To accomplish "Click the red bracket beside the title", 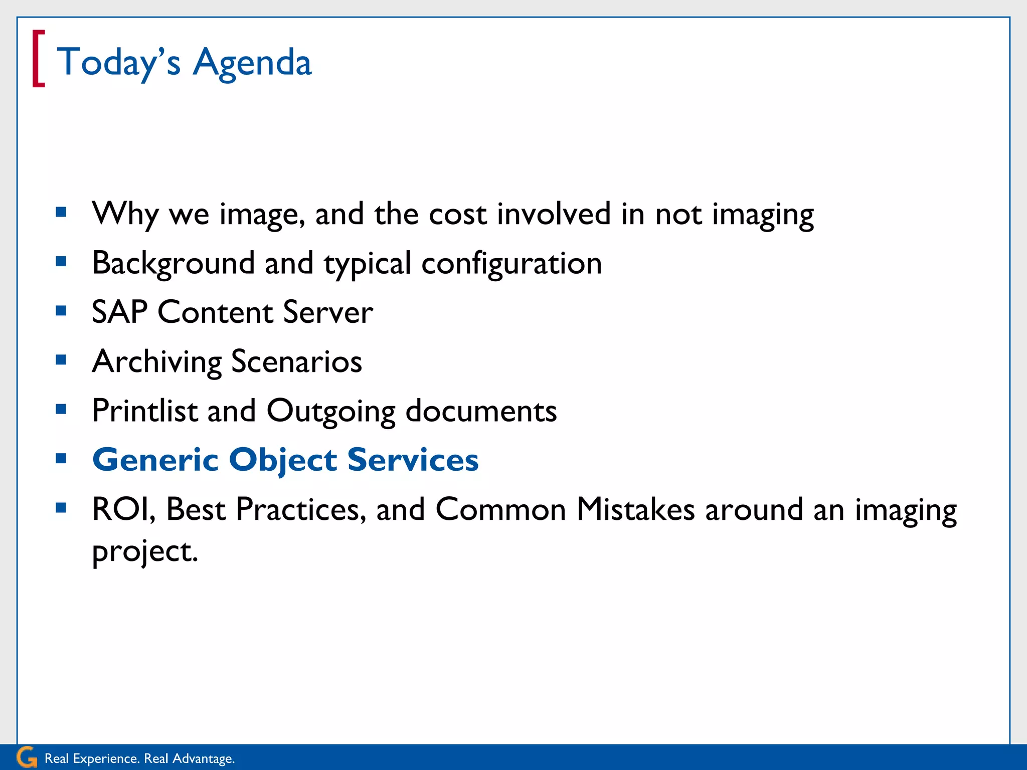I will point(38,59).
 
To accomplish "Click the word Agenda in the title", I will point(252,63).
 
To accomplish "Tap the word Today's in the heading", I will point(118,62).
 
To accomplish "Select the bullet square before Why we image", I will point(61,212).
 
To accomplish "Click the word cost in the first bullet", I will point(457,214).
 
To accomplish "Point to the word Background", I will point(174,263).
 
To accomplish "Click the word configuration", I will point(511,264).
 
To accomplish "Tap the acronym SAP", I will point(119,312).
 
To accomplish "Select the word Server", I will point(328,312).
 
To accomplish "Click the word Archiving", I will point(156,362).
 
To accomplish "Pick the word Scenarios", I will point(296,362).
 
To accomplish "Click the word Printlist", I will point(145,411).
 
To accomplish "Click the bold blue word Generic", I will point(155,460).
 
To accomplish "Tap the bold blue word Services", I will point(413,460).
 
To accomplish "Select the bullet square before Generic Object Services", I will point(61,458).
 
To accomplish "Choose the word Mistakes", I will point(635,510).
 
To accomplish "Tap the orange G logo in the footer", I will point(26,757).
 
